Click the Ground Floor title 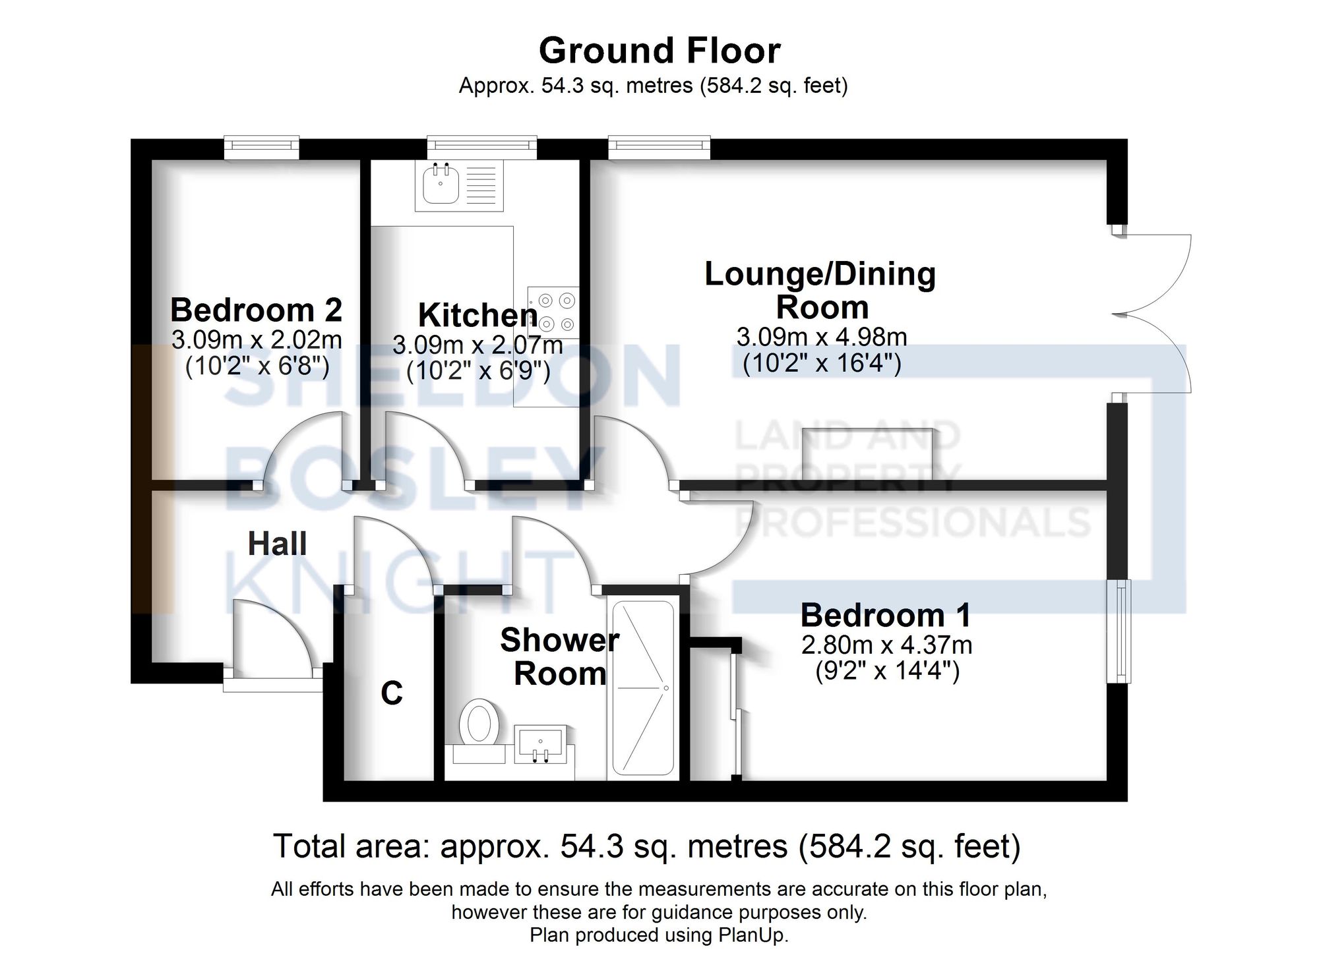click(659, 51)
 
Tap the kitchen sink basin click(438, 185)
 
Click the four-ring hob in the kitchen click(555, 312)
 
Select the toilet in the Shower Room click(479, 723)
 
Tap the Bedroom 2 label click(256, 310)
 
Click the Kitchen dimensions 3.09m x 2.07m click(477, 345)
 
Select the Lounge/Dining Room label click(820, 291)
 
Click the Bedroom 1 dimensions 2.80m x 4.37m click(886, 644)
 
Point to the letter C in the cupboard click(392, 693)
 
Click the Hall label click(277, 544)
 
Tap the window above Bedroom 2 click(261, 147)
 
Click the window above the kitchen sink click(481, 147)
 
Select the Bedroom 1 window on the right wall click(1119, 631)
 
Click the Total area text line click(646, 847)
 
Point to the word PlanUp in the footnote click(758, 935)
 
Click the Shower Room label click(559, 656)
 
